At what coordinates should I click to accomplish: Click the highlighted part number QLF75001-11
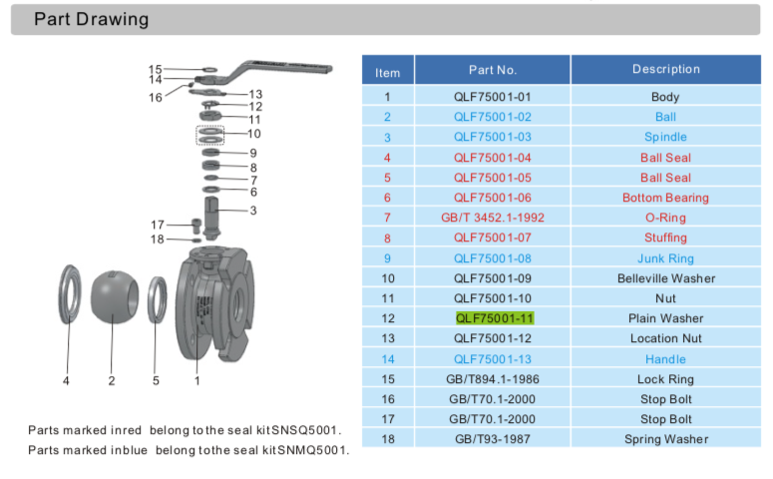pos(495,318)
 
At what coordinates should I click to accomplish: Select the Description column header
pos(665,70)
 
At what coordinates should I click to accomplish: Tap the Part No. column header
pos(493,70)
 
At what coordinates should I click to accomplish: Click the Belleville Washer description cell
pos(665,278)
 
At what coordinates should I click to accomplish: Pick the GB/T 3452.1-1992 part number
pos(493,218)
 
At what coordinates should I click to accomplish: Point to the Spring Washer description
pos(665,439)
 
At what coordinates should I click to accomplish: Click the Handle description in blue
pos(665,359)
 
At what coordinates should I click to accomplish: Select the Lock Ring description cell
pos(665,379)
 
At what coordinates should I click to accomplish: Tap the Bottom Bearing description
pos(665,198)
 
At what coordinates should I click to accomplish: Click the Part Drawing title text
pos(91,19)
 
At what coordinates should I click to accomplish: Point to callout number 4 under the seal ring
pos(66,380)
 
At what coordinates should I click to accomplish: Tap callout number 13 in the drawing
pos(255,94)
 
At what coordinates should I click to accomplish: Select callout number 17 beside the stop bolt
pos(158,225)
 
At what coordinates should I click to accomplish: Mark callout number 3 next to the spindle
pos(253,211)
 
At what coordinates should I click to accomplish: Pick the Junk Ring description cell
pos(665,258)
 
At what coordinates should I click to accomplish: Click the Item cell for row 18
pos(387,439)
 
